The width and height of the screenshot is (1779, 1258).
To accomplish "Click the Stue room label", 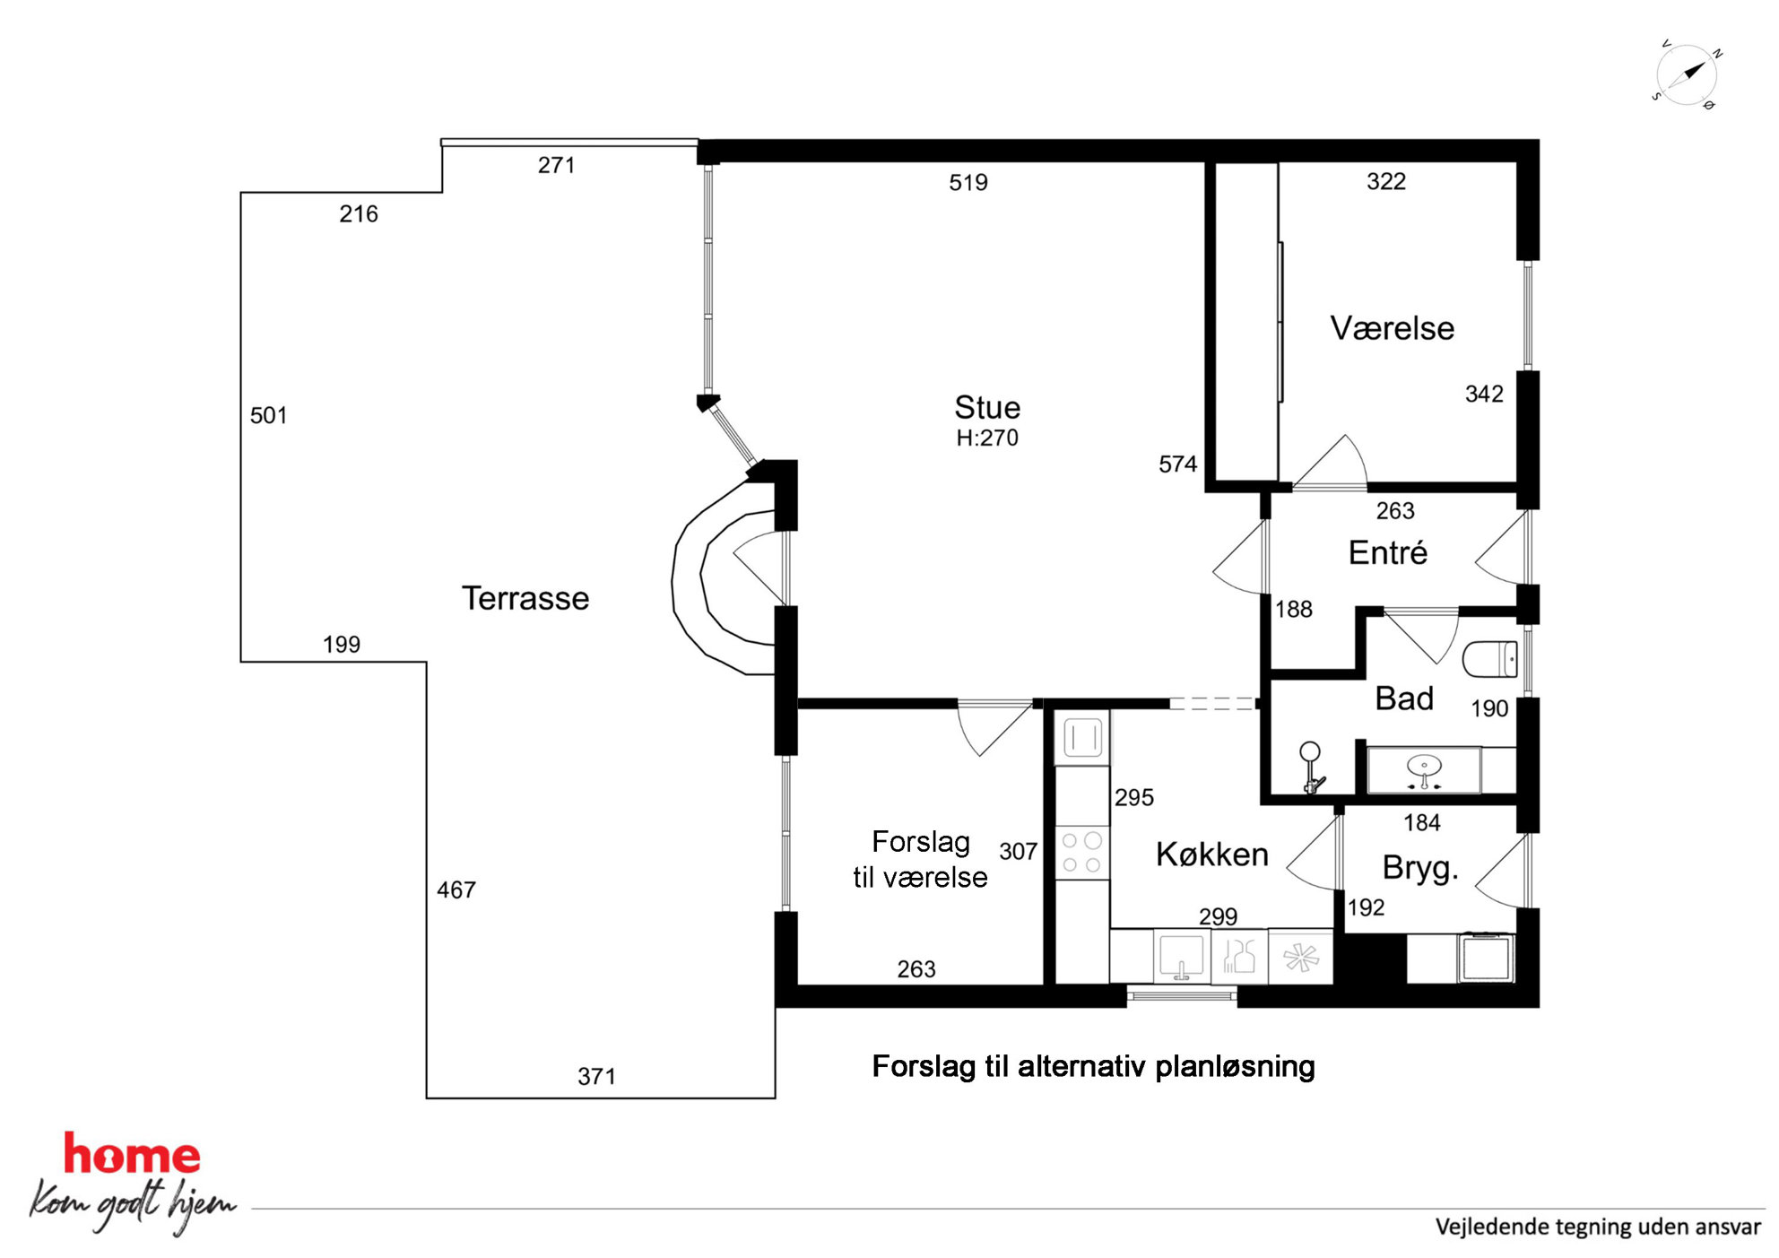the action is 986,408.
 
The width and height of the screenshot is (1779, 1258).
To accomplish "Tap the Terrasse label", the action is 525,598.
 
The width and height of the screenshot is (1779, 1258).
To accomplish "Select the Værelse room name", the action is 1392,328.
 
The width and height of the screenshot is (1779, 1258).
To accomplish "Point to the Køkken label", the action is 1211,855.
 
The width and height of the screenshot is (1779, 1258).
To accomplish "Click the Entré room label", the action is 1387,552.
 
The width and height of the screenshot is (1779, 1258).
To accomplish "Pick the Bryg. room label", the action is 1420,868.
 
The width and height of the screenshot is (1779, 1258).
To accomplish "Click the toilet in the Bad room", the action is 1489,659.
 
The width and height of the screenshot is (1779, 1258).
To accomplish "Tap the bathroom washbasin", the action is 1424,769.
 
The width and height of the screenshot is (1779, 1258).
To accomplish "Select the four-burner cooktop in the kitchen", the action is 1081,853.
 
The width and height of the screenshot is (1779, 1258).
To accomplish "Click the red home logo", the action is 132,1155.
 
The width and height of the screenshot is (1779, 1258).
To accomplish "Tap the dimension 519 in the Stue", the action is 968,183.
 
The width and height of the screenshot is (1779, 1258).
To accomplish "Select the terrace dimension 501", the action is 269,416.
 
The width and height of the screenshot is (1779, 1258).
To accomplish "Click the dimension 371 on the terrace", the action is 596,1077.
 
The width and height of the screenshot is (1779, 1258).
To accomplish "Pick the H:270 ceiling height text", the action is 987,438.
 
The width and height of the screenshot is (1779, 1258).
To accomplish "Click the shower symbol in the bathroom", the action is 1312,768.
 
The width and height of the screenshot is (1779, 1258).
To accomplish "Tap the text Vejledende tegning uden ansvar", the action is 1598,1227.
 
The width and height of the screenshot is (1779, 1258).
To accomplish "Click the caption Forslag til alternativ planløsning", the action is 1093,1066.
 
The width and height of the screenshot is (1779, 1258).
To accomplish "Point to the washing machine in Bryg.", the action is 1487,958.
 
